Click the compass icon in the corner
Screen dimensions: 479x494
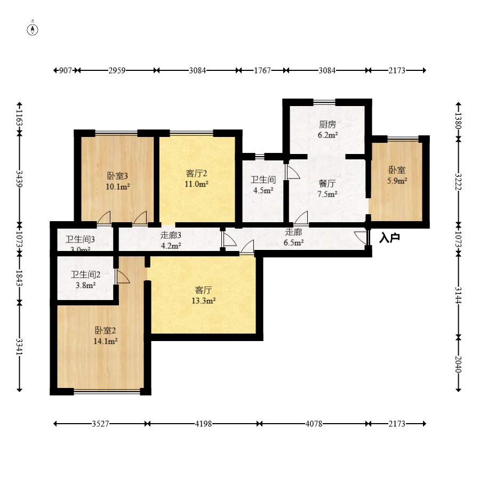tap(33, 29)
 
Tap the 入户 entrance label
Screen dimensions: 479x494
tap(389, 238)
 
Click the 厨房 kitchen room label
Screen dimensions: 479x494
tap(328, 125)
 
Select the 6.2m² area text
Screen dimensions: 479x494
tap(328, 135)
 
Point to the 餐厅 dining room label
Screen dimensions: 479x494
tap(327, 183)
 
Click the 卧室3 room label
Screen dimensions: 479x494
tap(118, 175)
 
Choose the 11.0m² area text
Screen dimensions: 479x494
tap(196, 184)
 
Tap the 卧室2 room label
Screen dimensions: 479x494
tap(105, 330)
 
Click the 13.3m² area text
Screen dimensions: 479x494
tap(204, 301)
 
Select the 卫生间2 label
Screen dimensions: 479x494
tap(85, 275)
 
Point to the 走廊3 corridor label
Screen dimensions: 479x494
tap(171, 235)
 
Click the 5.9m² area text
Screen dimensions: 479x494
tap(397, 181)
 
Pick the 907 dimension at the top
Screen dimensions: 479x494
tap(66, 70)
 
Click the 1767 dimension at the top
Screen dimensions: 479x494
tap(262, 70)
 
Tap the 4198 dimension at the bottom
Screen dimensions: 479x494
tap(203, 424)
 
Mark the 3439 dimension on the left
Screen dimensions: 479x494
tap(20, 179)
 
